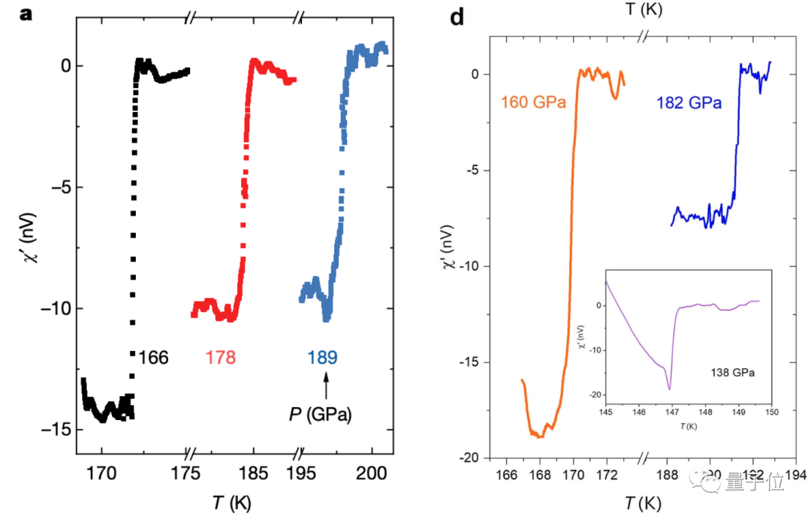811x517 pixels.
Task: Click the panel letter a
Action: pyautogui.click(x=26, y=13)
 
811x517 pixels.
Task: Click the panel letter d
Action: pyautogui.click(x=457, y=17)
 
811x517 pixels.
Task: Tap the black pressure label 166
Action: pyautogui.click(x=152, y=357)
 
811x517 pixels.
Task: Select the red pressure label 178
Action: pyautogui.click(x=220, y=357)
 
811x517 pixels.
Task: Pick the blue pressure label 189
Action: pyautogui.click(x=323, y=357)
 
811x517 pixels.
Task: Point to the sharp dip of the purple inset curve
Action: pyautogui.click(x=668, y=389)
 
